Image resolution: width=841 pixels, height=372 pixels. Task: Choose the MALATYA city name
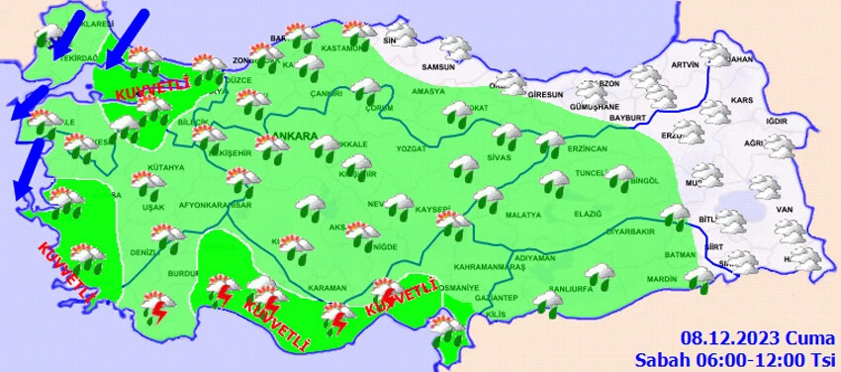(x=522, y=215)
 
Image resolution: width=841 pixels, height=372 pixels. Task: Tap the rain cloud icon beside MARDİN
(x=700, y=278)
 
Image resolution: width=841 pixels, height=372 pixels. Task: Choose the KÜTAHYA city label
(x=140, y=168)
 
